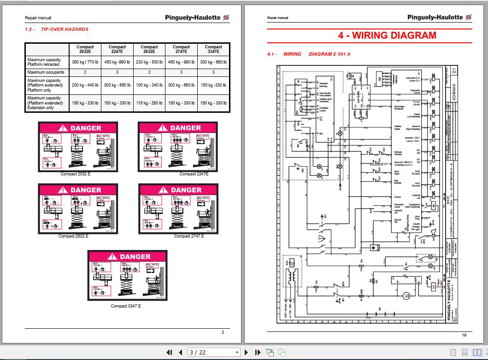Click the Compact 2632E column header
(149, 49)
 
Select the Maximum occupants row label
(46, 72)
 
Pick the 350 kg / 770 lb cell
(85, 61)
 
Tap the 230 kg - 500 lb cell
(149, 61)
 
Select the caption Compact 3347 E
(125, 306)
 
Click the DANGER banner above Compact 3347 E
(127, 256)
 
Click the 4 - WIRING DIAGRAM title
(387, 35)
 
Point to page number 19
(464, 335)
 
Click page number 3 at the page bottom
(223, 332)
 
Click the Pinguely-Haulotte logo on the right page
(439, 17)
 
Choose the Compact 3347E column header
(213, 49)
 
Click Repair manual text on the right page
(277, 18)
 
